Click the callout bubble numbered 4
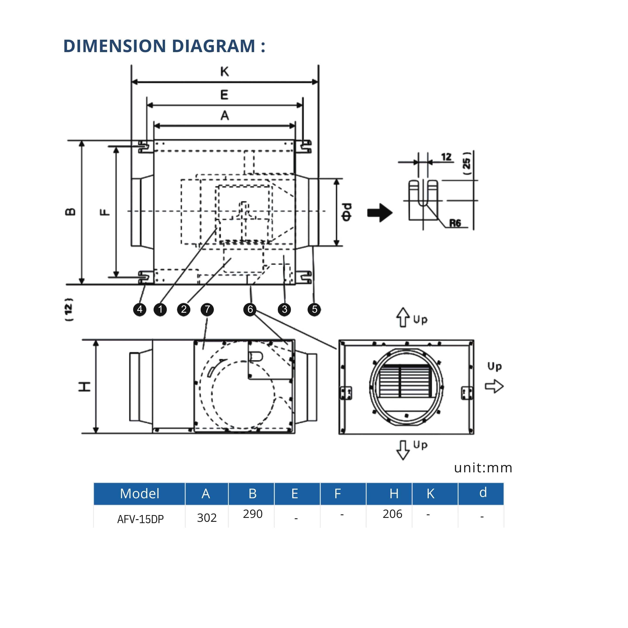tap(140, 309)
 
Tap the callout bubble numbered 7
tap(207, 309)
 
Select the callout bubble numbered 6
tap(250, 309)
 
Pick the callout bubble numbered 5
tap(314, 309)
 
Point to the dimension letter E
tap(224, 95)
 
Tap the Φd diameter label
tap(347, 212)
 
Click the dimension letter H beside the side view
tap(85, 387)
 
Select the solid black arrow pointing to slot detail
tap(380, 213)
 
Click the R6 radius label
tap(455, 223)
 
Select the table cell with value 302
tap(207, 518)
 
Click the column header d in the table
tap(483, 493)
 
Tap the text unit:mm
tap(483, 468)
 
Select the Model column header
tap(140, 493)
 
